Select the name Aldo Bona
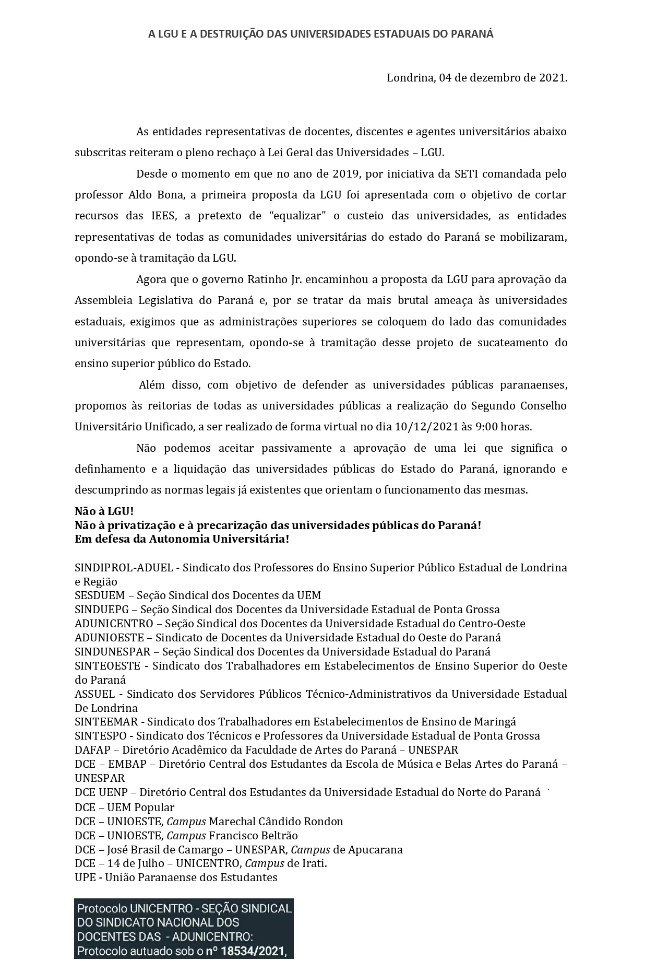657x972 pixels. click(x=148, y=195)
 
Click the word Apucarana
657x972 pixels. click(x=375, y=850)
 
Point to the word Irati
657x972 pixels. click(x=313, y=863)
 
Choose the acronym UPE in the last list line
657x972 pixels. click(x=85, y=877)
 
